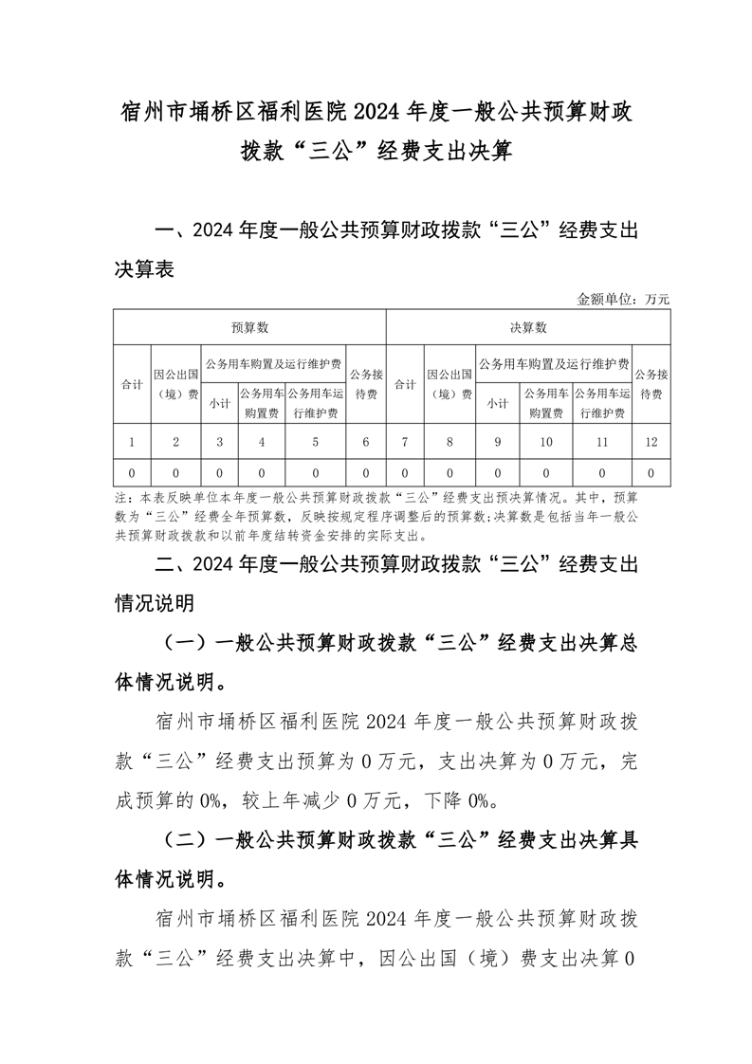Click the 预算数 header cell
pos(250,327)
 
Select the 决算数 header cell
pos(528,327)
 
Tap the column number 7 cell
pos(406,442)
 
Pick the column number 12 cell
pos(651,442)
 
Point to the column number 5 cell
pos(315,442)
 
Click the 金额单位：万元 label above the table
pos(623,299)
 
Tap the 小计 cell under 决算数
pos(498,402)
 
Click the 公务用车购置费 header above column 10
pos(545,402)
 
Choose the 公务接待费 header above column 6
pos(366,384)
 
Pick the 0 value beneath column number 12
pos(651,471)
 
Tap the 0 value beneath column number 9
pos(498,471)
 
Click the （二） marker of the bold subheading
pos(187,839)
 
